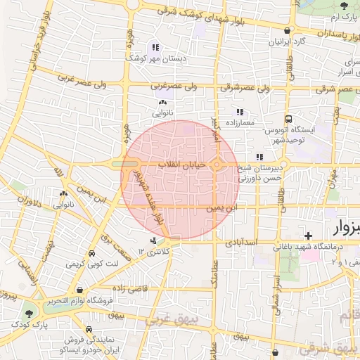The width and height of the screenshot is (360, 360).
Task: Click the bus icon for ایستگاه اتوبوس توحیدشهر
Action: (288, 119)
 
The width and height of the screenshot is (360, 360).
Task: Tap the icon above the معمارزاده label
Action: (239, 112)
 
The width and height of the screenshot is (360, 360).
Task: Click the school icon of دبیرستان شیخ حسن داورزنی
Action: (259, 157)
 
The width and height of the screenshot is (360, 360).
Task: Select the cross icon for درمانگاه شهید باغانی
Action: (308, 235)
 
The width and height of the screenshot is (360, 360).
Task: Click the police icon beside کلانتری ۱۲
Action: (154, 242)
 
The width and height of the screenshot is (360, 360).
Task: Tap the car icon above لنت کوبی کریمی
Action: (91, 255)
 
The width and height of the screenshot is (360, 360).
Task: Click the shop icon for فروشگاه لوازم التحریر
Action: (80, 290)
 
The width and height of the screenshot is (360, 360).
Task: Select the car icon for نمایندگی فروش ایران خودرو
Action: (89, 330)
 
